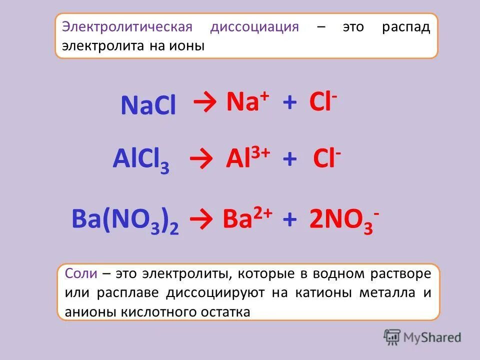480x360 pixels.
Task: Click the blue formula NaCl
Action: [x=148, y=105]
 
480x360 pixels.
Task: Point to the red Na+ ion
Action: [x=248, y=102]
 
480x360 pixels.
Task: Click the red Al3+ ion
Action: [x=248, y=159]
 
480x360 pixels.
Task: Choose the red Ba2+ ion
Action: [x=247, y=218]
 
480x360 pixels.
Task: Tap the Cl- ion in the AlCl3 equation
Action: [x=327, y=159]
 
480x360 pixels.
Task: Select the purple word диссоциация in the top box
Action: [x=254, y=27]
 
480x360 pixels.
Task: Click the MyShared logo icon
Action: [x=392, y=337]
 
